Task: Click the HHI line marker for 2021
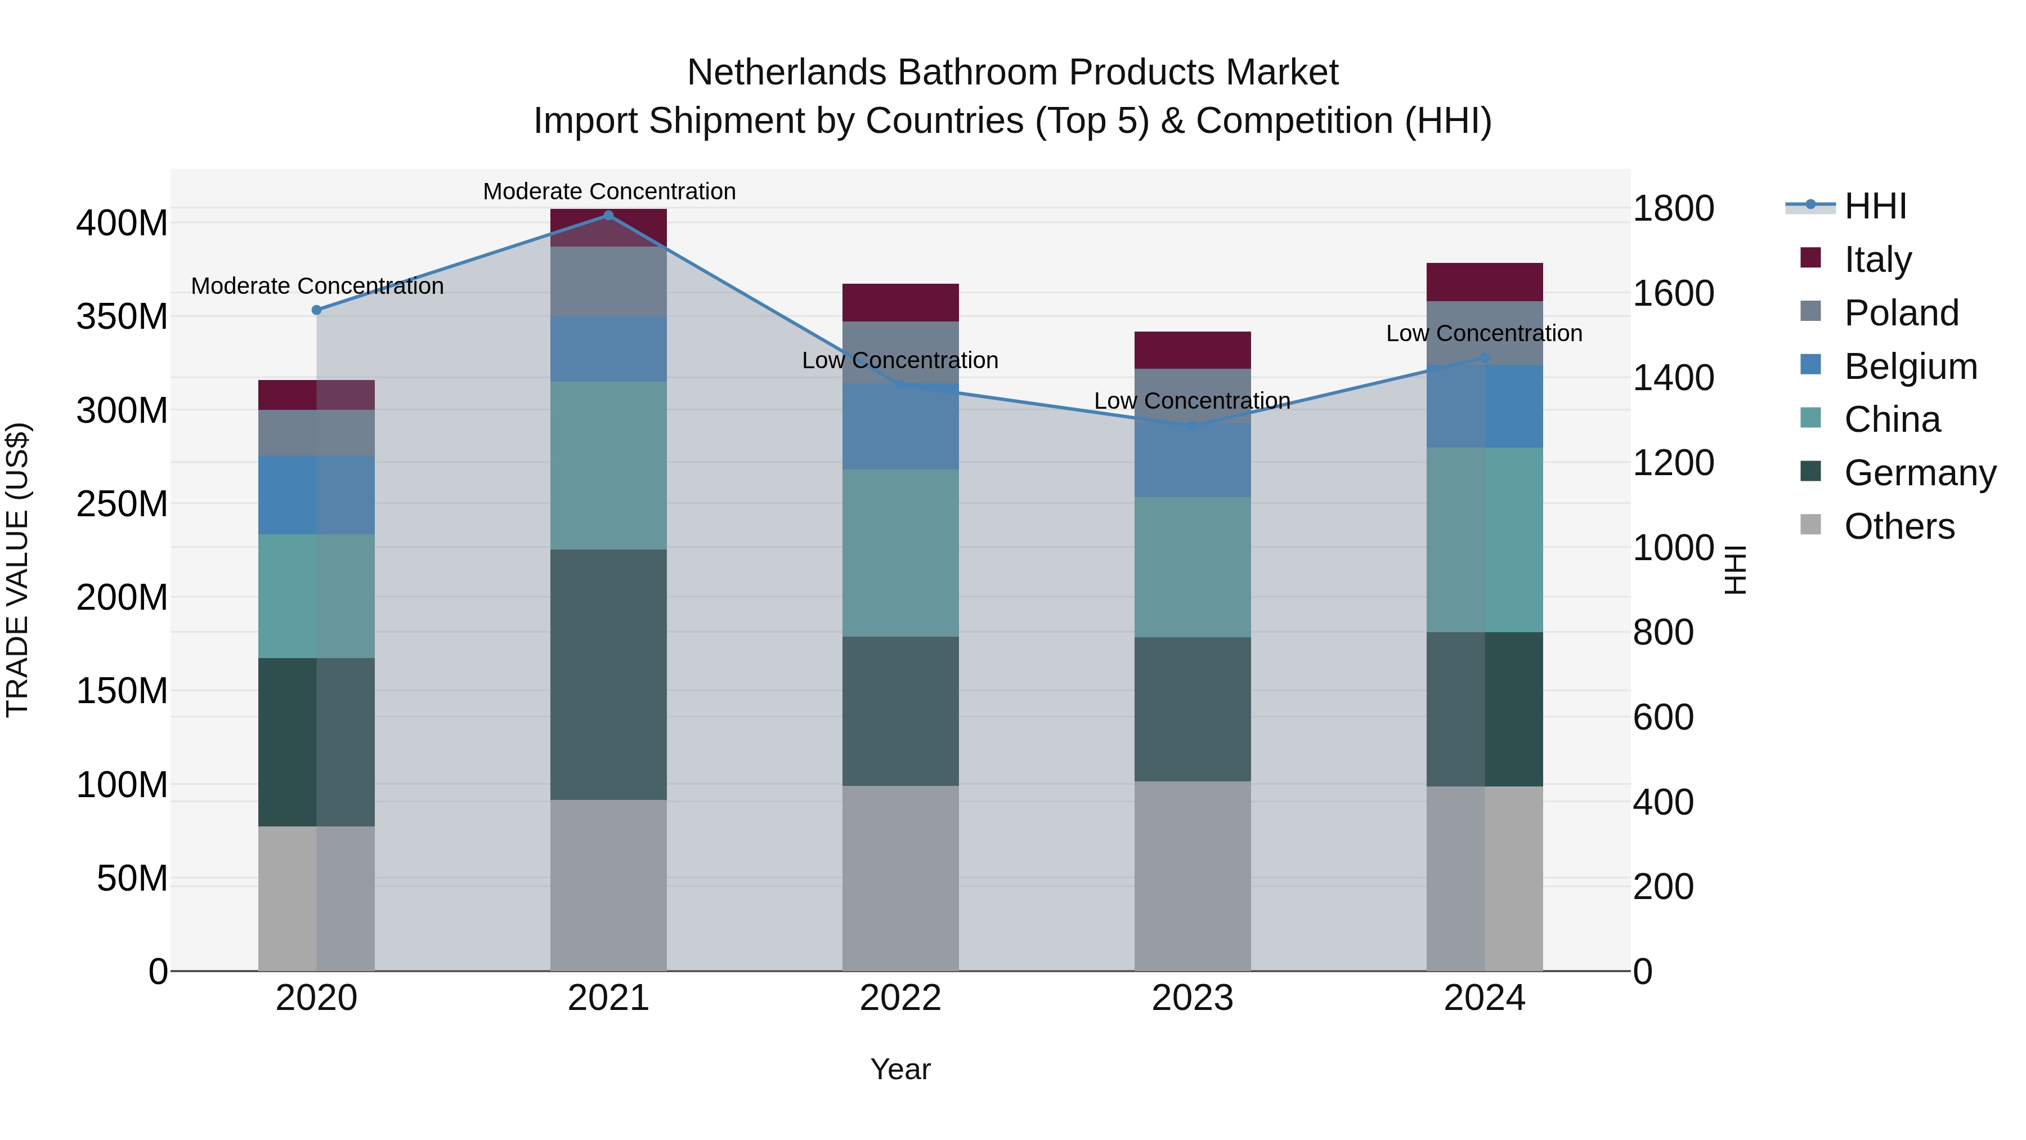(608, 216)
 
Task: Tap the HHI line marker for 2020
(316, 310)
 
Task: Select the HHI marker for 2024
(1484, 358)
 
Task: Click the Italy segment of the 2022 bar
(900, 302)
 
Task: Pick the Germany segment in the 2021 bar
(608, 674)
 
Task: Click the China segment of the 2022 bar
(900, 553)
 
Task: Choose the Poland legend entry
(1900, 313)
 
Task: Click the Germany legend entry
(1919, 473)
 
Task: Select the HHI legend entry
(1875, 206)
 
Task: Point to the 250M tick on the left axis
(122, 503)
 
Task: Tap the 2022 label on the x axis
(900, 998)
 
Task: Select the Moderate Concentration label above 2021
(609, 191)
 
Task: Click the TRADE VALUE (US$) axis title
(17, 570)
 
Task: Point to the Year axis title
(900, 1069)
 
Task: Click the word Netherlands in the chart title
(787, 73)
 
